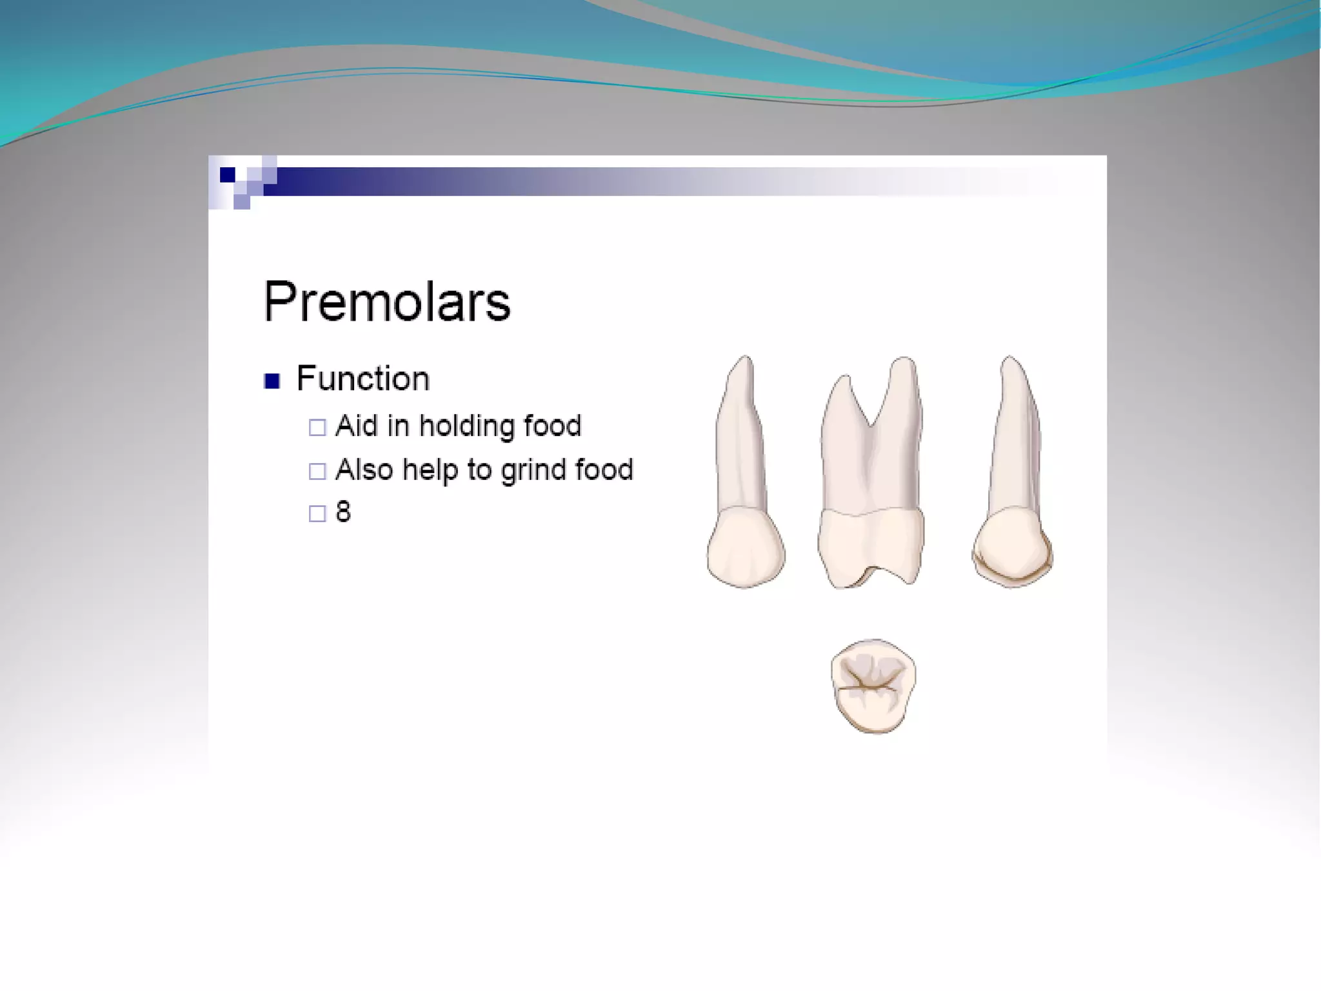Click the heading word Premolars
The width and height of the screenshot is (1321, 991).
click(x=387, y=302)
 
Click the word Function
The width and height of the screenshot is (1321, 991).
click(x=363, y=379)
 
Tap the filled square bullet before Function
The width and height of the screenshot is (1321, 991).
click(x=272, y=381)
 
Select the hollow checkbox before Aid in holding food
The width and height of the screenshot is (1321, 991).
click(x=317, y=427)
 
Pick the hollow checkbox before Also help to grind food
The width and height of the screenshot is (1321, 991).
click(x=317, y=471)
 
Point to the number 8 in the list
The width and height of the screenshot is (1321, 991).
click(x=343, y=512)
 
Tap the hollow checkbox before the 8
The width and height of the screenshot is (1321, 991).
click(x=317, y=514)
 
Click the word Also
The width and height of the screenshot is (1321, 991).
click(x=364, y=470)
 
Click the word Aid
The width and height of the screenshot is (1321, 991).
click(x=357, y=426)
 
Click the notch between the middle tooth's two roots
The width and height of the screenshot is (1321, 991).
click(x=870, y=423)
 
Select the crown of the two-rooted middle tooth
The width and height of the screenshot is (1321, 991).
click(x=871, y=545)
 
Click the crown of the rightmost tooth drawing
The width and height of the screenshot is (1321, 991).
click(x=1011, y=547)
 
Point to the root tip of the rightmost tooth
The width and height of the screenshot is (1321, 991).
click(x=1009, y=361)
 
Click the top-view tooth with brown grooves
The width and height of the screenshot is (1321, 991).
click(x=873, y=686)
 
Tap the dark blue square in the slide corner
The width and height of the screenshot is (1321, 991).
click(x=227, y=175)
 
